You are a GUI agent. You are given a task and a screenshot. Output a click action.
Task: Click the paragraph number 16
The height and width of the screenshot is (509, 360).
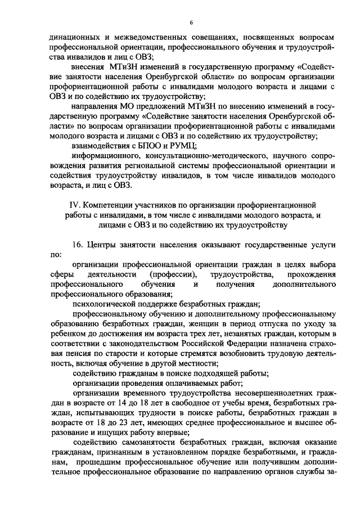click(x=78, y=245)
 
